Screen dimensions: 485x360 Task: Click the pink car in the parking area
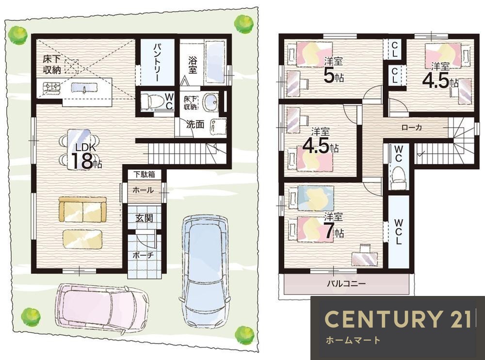(102, 308)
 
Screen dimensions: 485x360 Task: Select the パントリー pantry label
(157, 63)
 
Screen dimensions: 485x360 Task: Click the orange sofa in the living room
(82, 209)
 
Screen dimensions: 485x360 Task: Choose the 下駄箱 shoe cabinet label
(144, 174)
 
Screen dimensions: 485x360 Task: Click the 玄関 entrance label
(144, 218)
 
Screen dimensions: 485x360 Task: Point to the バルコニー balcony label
(346, 283)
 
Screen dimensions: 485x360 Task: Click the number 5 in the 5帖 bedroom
(329, 75)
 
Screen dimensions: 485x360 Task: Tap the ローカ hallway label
(412, 127)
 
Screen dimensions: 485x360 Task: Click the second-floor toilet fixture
(398, 178)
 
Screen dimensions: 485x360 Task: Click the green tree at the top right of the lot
(244, 23)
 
